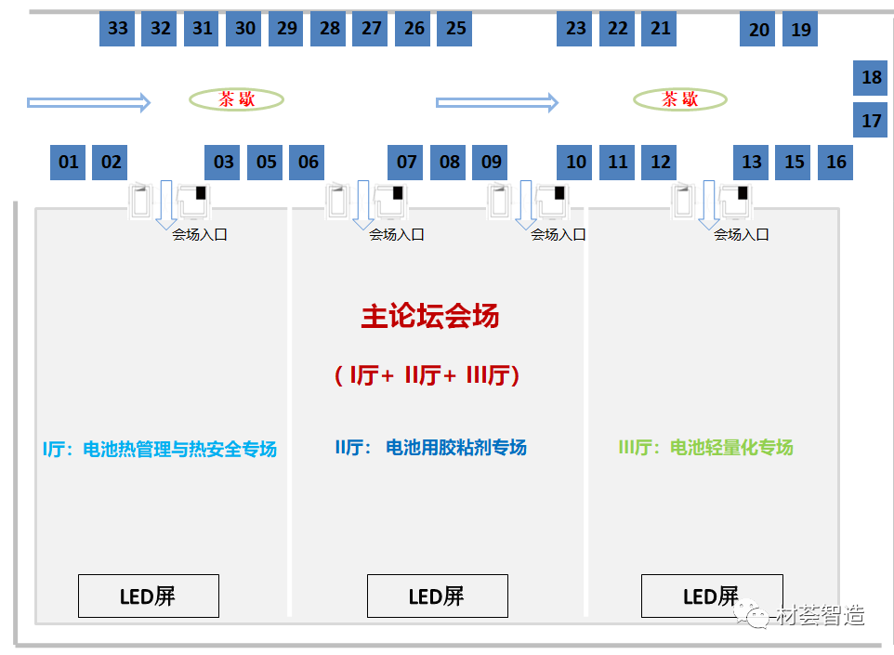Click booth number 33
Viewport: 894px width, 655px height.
(x=117, y=29)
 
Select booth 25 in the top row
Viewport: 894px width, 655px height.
(x=455, y=29)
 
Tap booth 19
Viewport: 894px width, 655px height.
(x=800, y=30)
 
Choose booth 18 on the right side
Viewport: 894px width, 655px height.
(x=871, y=78)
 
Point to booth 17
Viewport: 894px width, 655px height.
(x=871, y=121)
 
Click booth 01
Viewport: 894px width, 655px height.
(x=69, y=163)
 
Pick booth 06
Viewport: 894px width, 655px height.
(x=309, y=163)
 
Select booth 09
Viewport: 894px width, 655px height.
(x=492, y=163)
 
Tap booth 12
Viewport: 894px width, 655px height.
(x=661, y=163)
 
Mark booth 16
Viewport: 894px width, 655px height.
(x=836, y=163)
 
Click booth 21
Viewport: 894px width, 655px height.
(x=661, y=29)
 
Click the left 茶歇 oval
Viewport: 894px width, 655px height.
(x=236, y=99)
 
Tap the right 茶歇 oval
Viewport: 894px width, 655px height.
(x=679, y=99)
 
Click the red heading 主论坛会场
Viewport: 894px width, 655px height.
(x=429, y=317)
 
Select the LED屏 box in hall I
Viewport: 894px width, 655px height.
(x=148, y=596)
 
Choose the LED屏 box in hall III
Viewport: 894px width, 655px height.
(x=711, y=596)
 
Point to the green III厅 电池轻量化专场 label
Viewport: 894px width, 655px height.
(x=705, y=448)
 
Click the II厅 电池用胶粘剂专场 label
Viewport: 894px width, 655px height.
(x=430, y=448)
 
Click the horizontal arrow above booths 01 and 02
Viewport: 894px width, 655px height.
(x=88, y=102)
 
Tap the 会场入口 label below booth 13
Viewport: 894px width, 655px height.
(x=741, y=235)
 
